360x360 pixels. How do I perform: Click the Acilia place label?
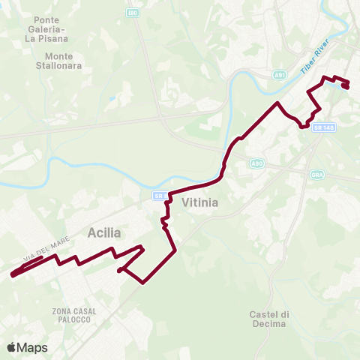point(105,232)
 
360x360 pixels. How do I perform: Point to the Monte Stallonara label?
point(63,60)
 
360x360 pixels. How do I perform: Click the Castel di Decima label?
point(268,319)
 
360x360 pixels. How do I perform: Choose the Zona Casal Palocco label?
point(72,315)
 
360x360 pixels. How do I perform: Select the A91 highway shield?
point(280,75)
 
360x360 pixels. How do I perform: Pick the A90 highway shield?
point(257,163)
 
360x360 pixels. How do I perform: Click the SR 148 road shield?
point(323,128)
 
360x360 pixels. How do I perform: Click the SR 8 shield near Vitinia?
point(160,196)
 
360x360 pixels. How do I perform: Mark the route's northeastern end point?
point(346,86)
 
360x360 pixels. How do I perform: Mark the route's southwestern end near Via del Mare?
point(13,274)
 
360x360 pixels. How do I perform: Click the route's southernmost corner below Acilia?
point(142,283)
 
